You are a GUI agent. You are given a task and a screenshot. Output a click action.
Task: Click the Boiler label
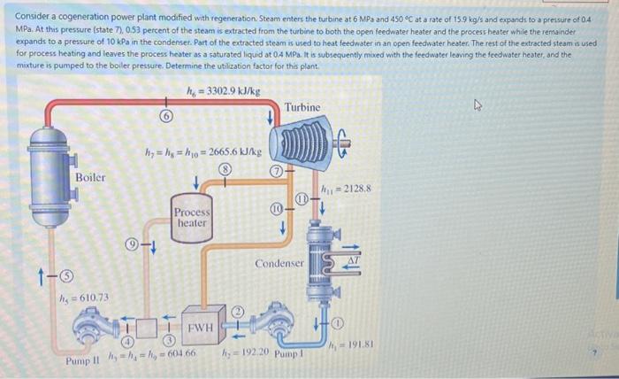pos(90,177)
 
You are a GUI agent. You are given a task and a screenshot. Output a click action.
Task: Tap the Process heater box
pos(192,217)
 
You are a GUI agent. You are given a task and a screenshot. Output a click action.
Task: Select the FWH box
pos(201,328)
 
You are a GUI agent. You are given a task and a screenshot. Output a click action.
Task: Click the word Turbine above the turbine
pos(303,107)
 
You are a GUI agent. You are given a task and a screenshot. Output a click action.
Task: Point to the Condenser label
pos(279,264)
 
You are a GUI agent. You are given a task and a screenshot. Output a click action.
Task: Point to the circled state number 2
pos(237,312)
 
